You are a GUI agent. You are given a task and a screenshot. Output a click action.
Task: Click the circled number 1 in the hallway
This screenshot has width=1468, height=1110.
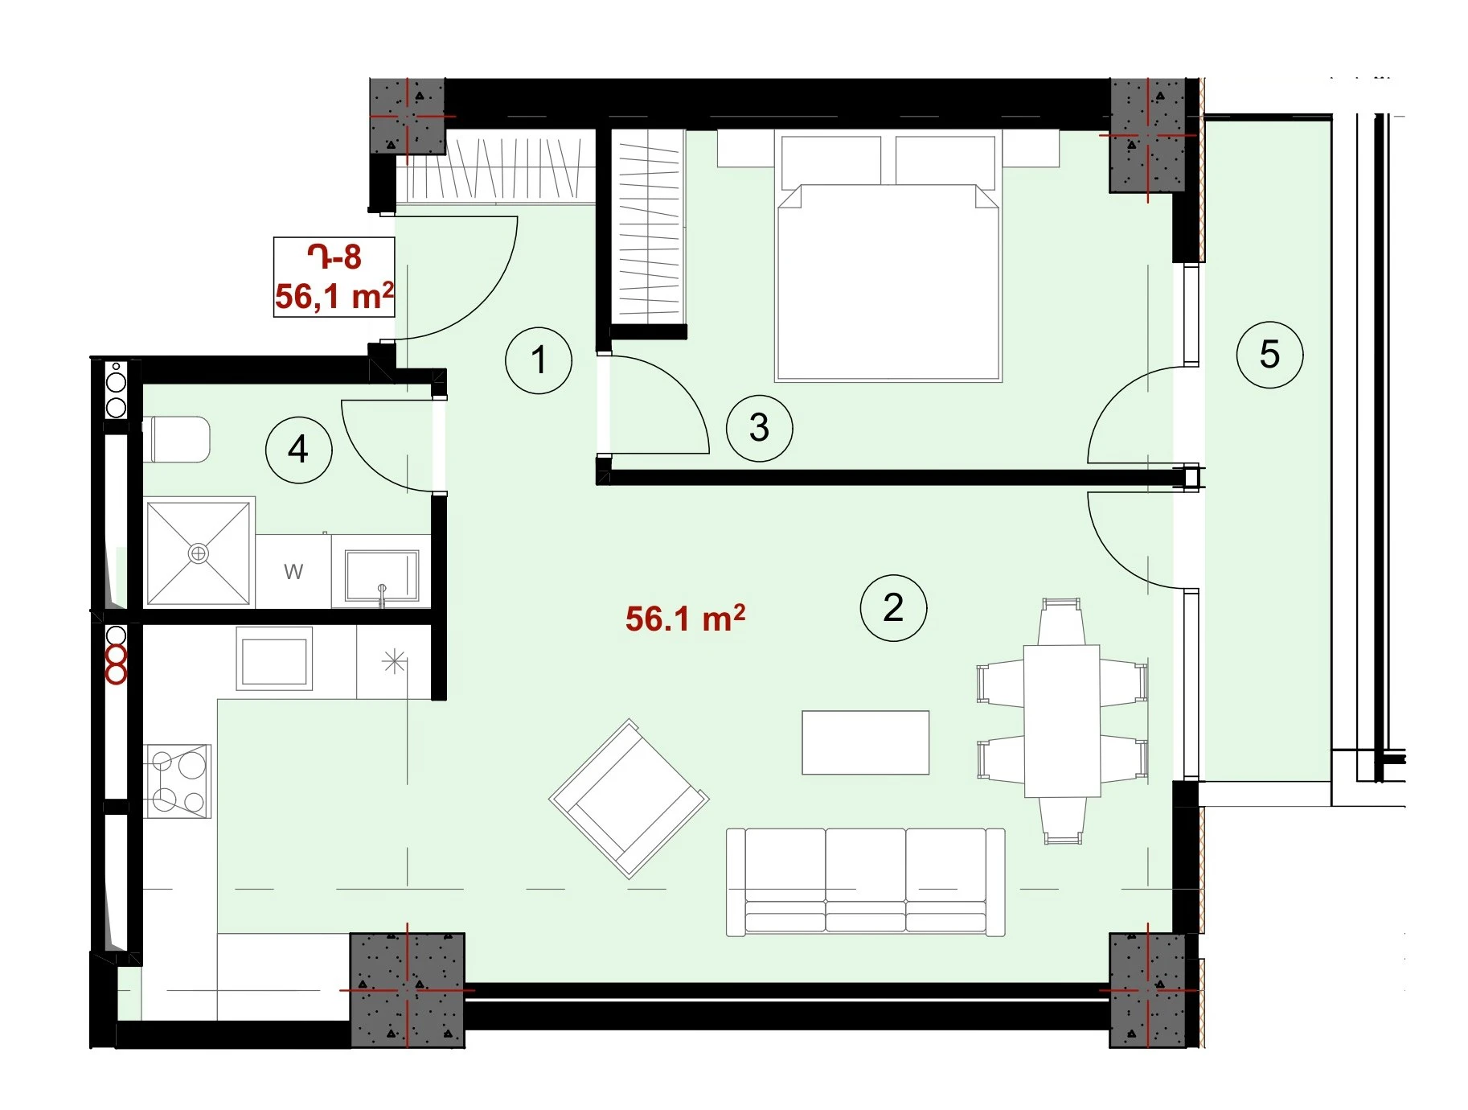(539, 360)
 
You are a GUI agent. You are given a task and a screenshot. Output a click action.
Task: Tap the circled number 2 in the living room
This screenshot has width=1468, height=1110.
(893, 608)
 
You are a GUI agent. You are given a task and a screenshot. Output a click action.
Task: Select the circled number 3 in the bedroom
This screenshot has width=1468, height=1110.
(759, 428)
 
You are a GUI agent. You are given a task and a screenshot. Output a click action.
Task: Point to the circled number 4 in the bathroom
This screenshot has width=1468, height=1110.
(298, 450)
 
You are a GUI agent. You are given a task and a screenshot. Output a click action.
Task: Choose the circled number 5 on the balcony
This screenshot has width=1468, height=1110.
(1269, 355)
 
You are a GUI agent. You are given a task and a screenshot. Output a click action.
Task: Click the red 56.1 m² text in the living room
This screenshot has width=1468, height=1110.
(685, 619)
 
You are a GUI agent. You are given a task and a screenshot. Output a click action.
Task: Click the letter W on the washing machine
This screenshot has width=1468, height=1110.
(293, 572)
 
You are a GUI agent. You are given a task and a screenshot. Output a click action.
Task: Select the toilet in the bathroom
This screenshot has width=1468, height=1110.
(177, 439)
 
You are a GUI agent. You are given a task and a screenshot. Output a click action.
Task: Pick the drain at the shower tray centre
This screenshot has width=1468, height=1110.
(198, 553)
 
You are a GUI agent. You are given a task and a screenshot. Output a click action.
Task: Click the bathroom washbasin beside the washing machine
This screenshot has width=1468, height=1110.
(382, 576)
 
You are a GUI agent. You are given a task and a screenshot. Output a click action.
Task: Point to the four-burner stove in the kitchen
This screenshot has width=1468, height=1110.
(178, 780)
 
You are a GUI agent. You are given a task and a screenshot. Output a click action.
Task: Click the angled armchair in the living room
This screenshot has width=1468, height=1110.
(629, 799)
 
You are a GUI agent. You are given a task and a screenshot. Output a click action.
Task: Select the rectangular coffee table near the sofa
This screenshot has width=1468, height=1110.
(866, 742)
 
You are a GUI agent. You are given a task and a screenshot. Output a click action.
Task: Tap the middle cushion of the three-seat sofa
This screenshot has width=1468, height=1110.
(866, 882)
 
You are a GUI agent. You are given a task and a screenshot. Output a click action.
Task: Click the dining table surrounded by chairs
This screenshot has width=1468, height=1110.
(1062, 721)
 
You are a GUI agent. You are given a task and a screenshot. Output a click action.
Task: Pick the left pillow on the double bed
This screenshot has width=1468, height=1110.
(831, 160)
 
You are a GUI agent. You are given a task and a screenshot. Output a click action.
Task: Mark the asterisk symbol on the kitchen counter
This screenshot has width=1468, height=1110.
(394, 662)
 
